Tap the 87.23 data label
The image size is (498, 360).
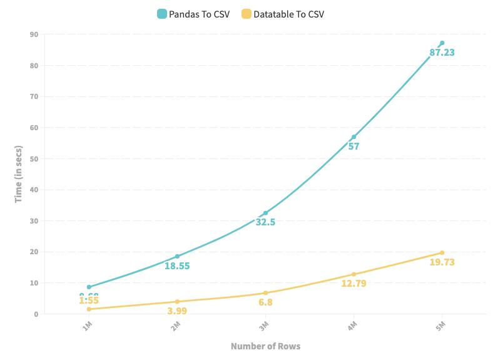[442, 53]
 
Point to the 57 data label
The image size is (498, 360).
[353, 147]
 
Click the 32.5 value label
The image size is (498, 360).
[265, 222]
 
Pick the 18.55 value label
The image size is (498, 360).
[177, 265]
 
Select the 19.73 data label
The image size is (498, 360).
[442, 262]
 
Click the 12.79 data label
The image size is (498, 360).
[353, 284]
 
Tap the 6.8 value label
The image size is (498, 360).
[265, 302]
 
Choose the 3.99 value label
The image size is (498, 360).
[177, 311]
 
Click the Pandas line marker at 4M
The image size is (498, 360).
[353, 136]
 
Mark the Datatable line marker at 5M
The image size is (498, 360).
[442, 252]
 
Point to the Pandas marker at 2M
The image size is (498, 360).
[177, 256]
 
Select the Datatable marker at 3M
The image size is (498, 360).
[265, 292]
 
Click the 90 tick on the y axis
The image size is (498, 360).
[34, 34]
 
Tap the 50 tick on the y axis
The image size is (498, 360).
[34, 158]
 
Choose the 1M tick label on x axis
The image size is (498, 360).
[88, 326]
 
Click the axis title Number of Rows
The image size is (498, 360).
[265, 346]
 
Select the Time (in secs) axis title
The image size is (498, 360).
[19, 174]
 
